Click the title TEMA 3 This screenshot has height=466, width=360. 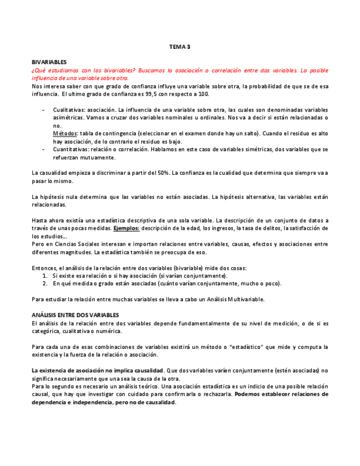click(x=180, y=47)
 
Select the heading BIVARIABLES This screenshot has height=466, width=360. click(x=49, y=63)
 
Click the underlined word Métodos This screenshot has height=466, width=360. click(x=65, y=134)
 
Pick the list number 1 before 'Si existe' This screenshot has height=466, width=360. click(x=45, y=276)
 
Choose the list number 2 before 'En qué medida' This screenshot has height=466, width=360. click(x=45, y=284)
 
